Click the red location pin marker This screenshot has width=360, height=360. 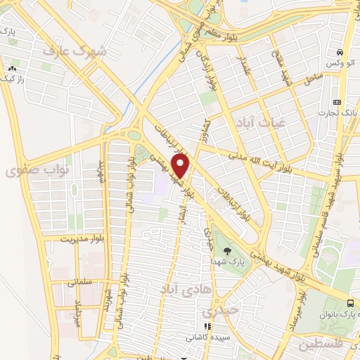[x=182, y=165]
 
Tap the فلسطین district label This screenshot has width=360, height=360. [x=323, y=345]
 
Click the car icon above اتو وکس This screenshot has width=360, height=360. [x=340, y=53]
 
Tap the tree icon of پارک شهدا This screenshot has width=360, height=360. [x=226, y=250]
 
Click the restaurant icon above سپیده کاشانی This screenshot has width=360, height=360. [x=207, y=326]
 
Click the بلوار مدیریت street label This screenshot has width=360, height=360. [x=67, y=238]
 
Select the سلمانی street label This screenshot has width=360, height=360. [x=81, y=283]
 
